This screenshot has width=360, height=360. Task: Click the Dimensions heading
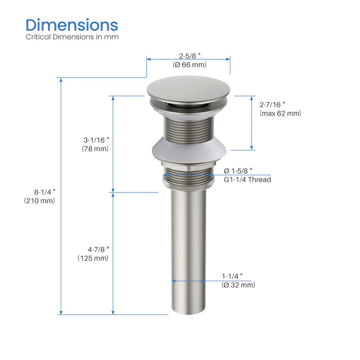point(72,25)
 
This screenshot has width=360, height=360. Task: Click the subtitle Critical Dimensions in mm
point(72,38)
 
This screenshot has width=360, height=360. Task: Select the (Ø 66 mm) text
point(189,65)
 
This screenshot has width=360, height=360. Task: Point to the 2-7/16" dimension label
point(273,103)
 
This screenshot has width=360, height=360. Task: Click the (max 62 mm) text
point(280,114)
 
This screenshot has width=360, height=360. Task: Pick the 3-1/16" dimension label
point(97,139)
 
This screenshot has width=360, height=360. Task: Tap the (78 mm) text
point(95,149)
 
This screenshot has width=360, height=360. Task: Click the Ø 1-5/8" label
point(238,170)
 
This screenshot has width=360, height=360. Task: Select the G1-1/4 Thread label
point(247,179)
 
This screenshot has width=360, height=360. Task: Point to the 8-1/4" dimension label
point(43,191)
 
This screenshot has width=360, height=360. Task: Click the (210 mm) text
point(39,201)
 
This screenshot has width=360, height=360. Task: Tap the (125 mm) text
point(93,258)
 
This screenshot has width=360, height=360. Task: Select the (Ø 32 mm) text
point(238,285)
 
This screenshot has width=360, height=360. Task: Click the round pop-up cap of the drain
point(188,88)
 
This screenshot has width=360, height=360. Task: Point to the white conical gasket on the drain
point(188,150)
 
